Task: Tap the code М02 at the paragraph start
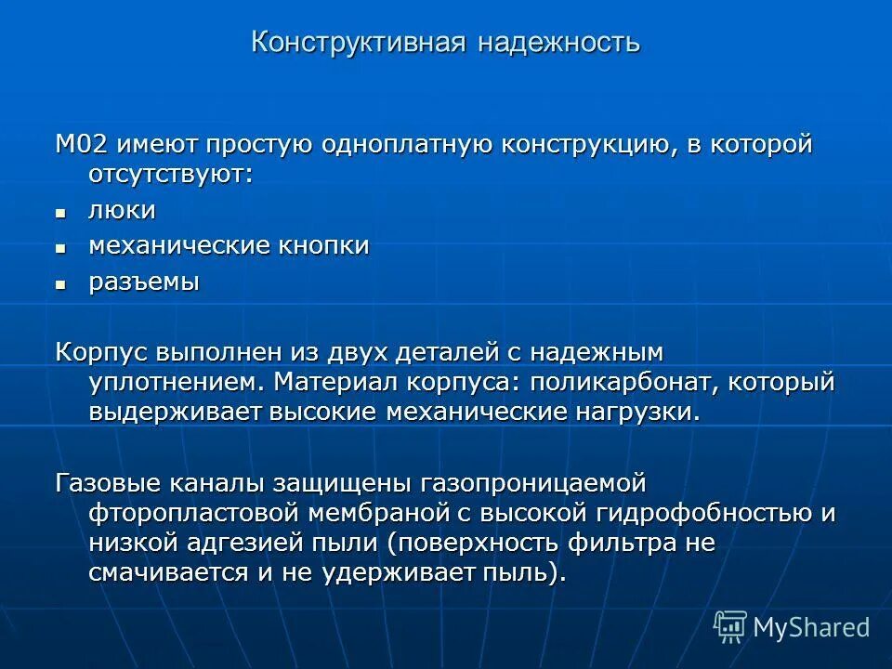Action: point(82,145)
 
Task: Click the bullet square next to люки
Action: point(60,213)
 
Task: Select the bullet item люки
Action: point(122,211)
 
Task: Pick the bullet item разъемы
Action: point(144,282)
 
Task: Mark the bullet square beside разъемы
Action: point(60,284)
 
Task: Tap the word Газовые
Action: point(111,484)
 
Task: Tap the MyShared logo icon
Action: point(730,626)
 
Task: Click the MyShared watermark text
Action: point(811,627)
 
